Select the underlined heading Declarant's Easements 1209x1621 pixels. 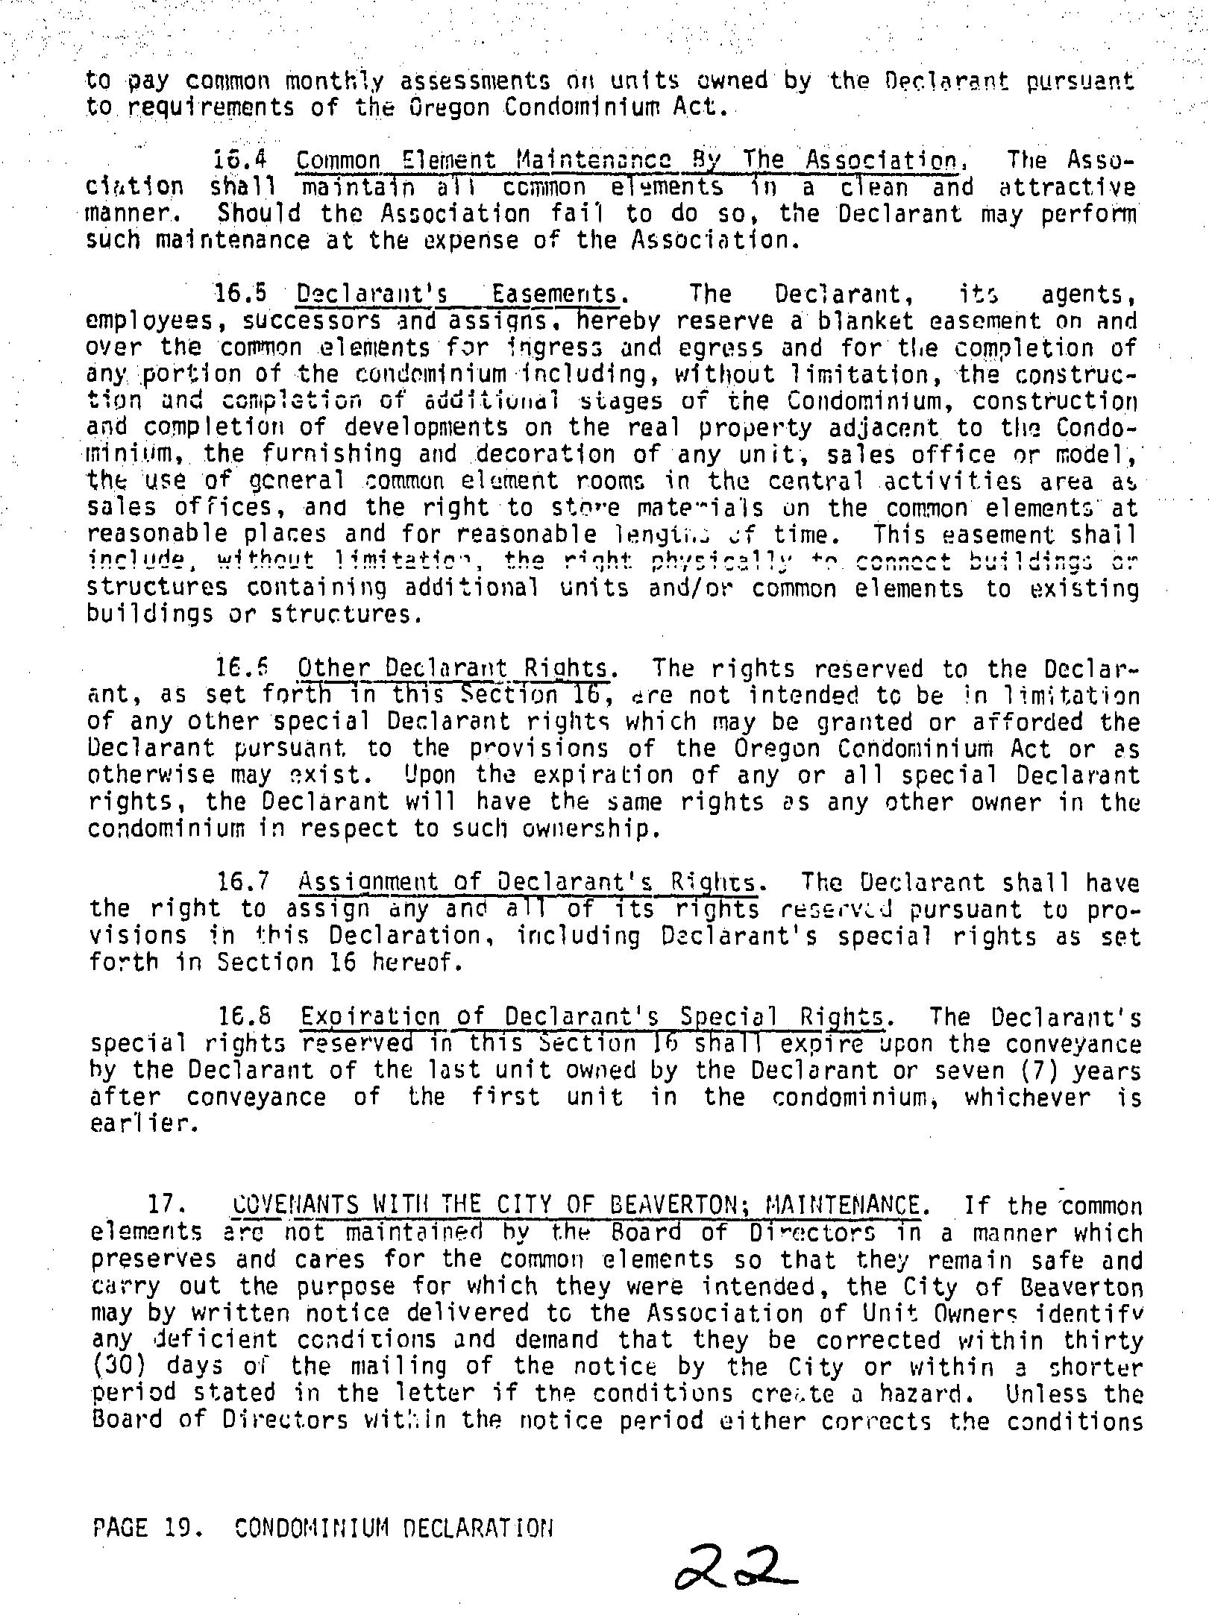[457, 295]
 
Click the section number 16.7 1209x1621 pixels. [243, 883]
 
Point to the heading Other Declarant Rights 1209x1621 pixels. [453, 668]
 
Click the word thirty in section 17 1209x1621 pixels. [1102, 1340]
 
